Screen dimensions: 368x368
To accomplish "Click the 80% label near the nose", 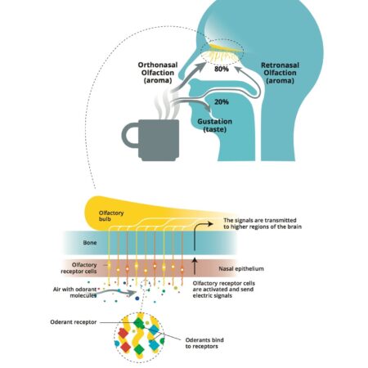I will point(221,70).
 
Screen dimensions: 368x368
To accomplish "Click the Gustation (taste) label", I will point(215,125).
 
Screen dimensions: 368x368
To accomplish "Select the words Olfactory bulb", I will point(104,217).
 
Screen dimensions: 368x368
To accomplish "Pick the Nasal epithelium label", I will point(245,267).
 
